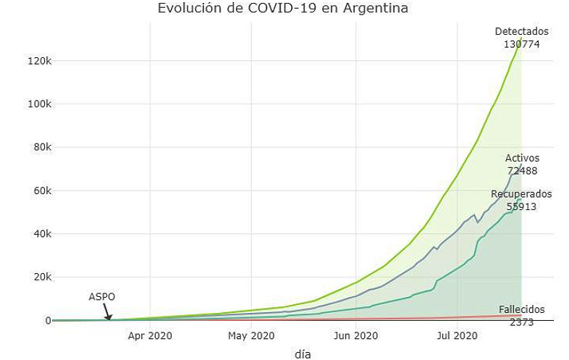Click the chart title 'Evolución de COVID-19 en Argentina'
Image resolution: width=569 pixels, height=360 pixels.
coord(283,9)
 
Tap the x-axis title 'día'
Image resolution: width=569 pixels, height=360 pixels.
coord(303,353)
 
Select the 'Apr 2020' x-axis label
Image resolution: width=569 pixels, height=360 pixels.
coord(150,335)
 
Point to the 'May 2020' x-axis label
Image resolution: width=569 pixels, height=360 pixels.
coord(251,335)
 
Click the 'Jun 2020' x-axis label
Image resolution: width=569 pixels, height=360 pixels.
coord(356,335)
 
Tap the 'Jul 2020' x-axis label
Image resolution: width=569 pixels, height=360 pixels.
coord(457,335)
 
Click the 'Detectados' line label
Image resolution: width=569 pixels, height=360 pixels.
coord(521,32)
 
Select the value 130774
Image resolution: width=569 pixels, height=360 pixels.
coord(521,44)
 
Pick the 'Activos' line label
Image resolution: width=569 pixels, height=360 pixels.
coord(522,159)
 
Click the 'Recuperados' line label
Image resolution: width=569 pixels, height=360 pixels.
coord(521,194)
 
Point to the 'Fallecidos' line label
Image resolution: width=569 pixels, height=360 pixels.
coord(521,310)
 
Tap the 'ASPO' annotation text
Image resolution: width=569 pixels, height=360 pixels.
coord(102,297)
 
